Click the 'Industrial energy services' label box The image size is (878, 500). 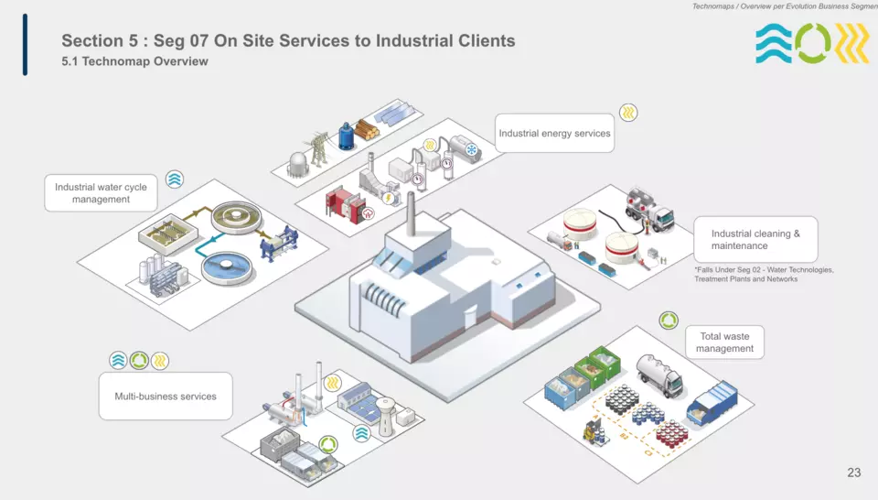click(554, 134)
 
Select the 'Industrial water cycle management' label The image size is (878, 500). click(101, 193)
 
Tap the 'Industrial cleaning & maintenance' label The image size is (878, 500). click(755, 240)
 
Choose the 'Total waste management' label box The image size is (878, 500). click(724, 342)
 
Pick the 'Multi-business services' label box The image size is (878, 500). click(166, 397)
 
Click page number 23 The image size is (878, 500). click(853, 473)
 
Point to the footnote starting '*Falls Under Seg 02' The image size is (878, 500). click(764, 275)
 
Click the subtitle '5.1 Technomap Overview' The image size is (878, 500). click(134, 61)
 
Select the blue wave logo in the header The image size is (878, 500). click(773, 44)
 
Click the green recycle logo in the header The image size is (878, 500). click(813, 44)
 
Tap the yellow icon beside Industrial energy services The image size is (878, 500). click(628, 113)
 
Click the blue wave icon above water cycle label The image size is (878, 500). click(175, 179)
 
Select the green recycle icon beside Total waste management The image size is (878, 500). click(669, 321)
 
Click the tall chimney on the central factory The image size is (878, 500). click(411, 212)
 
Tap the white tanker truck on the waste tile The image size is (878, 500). click(659, 371)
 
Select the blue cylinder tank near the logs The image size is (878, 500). click(347, 136)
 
